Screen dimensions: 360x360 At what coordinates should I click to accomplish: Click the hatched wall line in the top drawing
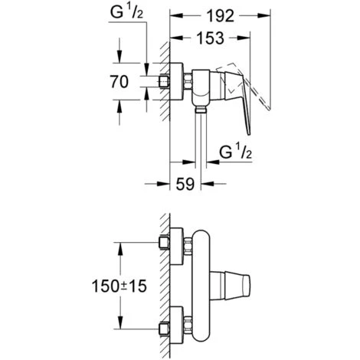[x=164, y=92]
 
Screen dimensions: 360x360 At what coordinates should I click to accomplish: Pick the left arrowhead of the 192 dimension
[x=172, y=16]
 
